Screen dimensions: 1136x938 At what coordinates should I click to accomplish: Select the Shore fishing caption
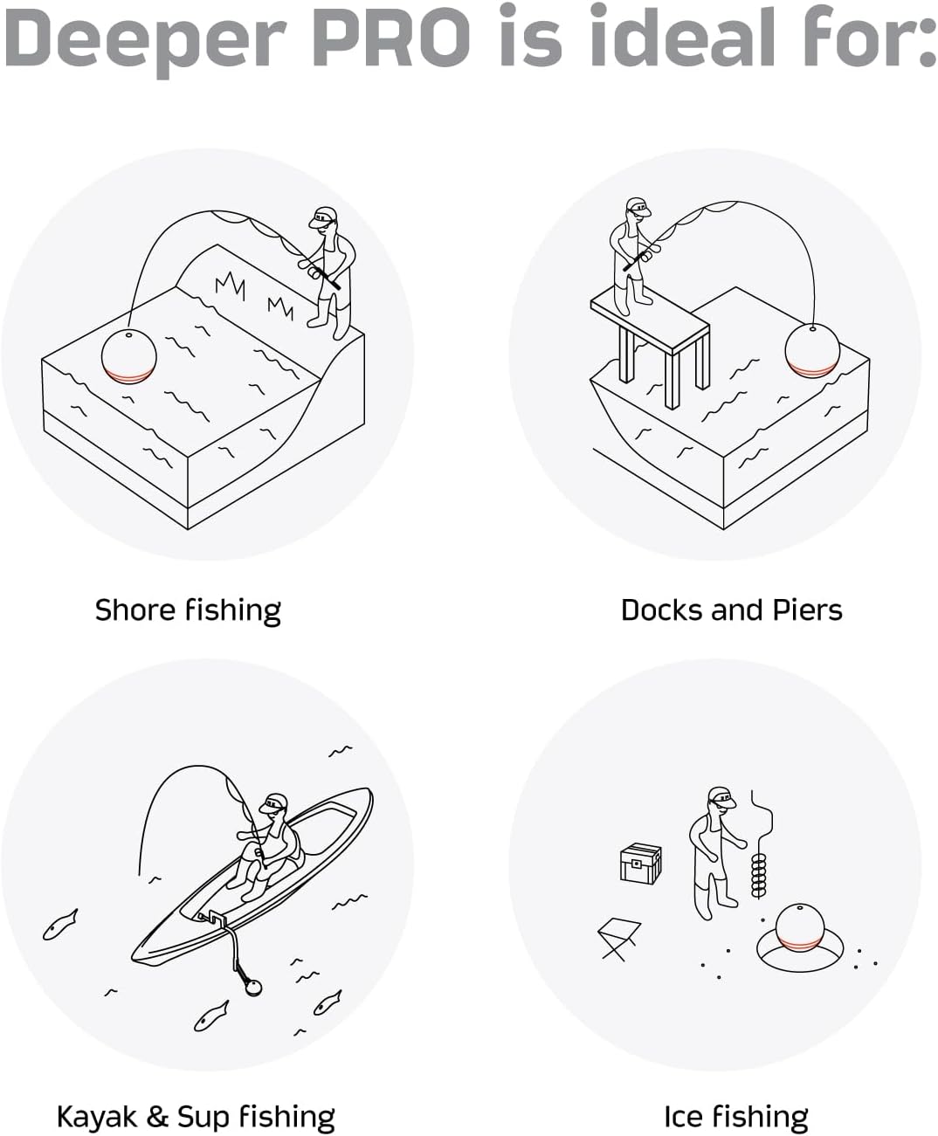[x=188, y=609]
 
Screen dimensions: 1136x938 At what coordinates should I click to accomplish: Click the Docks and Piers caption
[x=731, y=609]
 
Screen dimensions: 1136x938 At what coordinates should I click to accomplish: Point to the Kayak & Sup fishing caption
[x=195, y=1117]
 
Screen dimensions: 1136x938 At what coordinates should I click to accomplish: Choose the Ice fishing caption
[x=735, y=1117]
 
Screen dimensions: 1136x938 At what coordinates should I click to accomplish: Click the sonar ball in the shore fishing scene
[x=128, y=356]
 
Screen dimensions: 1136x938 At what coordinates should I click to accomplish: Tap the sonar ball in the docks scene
[x=811, y=350]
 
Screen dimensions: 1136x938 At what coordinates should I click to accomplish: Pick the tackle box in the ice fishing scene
[x=640, y=864]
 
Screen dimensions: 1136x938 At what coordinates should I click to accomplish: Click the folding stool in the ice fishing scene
[x=619, y=939]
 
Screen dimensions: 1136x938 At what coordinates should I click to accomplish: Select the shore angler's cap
[x=324, y=215]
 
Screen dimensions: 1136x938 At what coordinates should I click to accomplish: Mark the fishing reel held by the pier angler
[x=652, y=252]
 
